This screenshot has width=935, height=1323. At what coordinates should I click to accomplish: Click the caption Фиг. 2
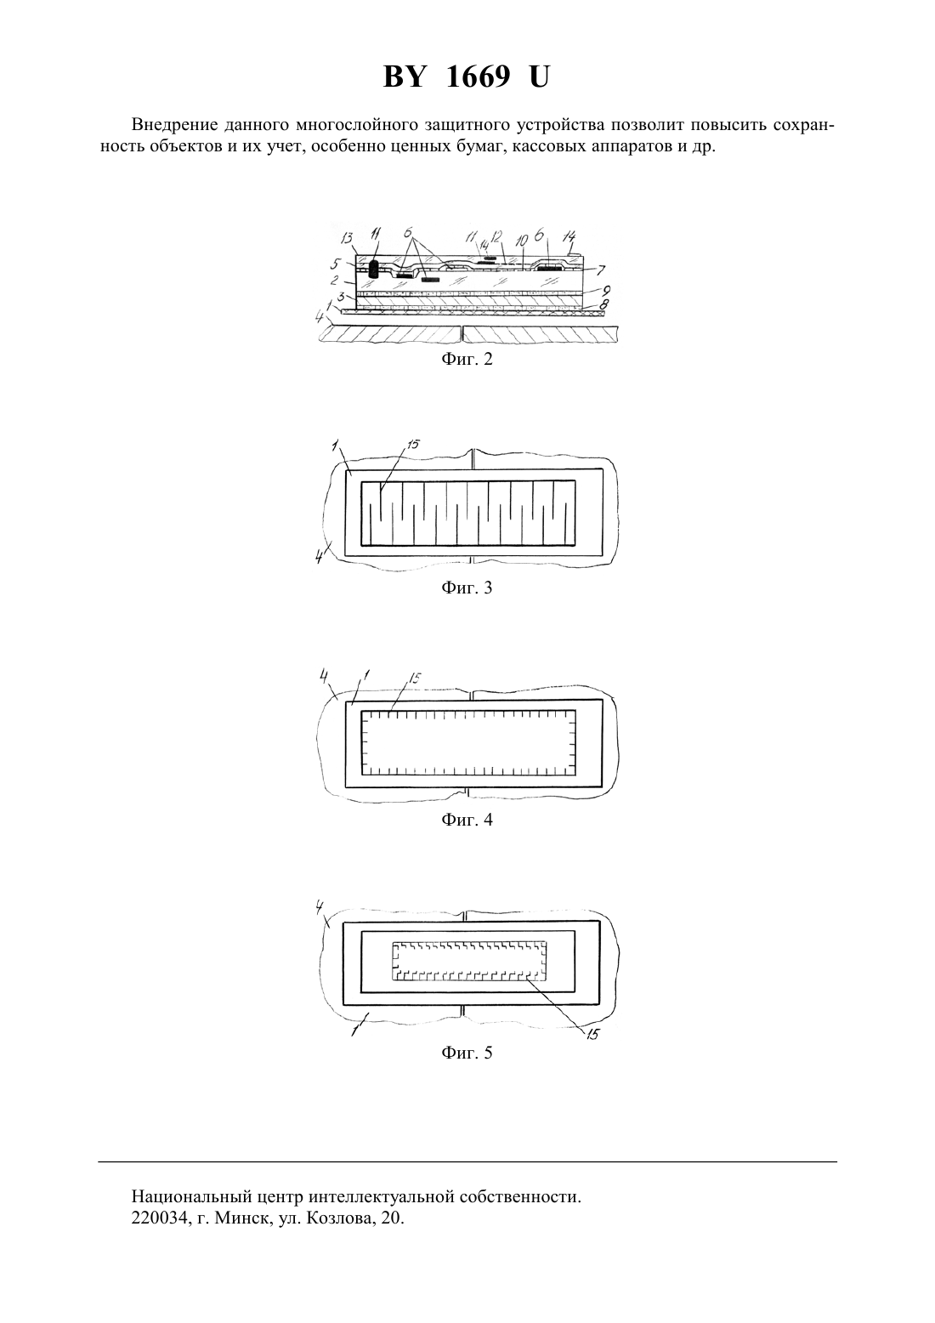pos(467,359)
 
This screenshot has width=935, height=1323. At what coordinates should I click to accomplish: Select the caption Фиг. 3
pos(467,588)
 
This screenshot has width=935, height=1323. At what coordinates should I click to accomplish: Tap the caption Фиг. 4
pos(467,820)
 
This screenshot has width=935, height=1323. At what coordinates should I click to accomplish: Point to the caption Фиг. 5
pos(467,1053)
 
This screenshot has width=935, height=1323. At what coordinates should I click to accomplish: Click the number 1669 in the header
pos(478,77)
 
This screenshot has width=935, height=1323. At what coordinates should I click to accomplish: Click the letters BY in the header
pos(404,77)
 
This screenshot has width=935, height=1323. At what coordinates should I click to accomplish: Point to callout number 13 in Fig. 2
pos(347,238)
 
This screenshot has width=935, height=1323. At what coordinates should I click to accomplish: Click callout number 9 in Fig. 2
pos(606,291)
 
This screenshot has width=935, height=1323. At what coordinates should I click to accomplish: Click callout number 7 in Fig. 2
pos(601,270)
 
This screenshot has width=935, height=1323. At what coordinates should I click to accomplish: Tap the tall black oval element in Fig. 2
pos(374,270)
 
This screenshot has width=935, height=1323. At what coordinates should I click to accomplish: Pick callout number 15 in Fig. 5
pos(592,1034)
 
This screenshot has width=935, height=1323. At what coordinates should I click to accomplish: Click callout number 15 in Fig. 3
pos(412,444)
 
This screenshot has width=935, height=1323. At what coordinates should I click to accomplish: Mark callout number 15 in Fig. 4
pos(415,678)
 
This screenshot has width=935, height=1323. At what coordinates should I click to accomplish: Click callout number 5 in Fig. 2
pos(335,263)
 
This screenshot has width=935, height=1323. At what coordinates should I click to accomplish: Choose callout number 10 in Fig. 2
pos(522,241)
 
